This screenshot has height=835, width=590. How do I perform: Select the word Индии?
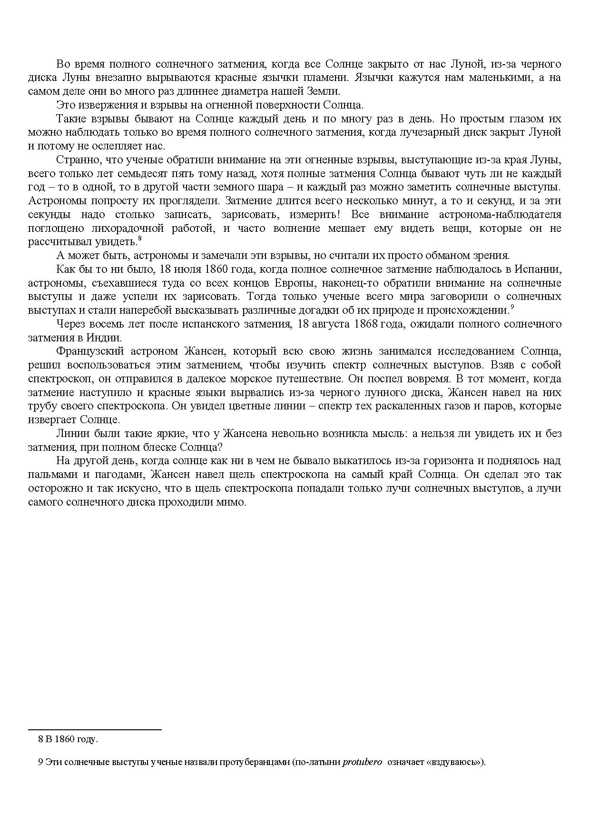[108, 338]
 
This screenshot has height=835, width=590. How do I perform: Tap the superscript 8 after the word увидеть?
[139, 239]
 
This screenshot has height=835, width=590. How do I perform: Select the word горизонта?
[433, 461]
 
